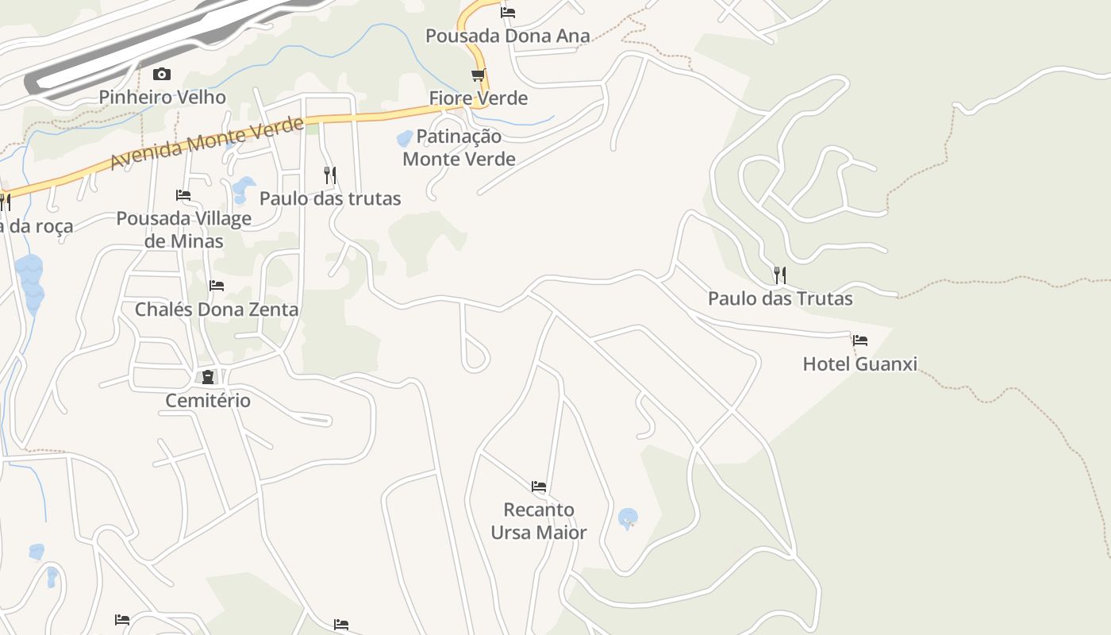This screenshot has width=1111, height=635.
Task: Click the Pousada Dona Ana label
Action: [x=508, y=36]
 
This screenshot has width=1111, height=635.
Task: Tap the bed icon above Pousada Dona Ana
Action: [x=508, y=12]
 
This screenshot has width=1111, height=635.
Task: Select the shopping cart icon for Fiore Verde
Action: [x=478, y=75]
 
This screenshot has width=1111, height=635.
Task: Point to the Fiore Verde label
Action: [x=479, y=98]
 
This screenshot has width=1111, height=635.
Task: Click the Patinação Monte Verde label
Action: [x=459, y=148]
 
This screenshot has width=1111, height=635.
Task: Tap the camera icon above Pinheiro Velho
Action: [x=162, y=74]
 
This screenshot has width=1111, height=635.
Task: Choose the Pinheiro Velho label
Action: [x=163, y=98]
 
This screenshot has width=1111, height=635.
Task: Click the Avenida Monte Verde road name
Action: [x=207, y=144]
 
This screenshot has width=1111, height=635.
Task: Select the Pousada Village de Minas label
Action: [x=184, y=229]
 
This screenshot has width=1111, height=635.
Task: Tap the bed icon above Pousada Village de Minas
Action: [x=183, y=194]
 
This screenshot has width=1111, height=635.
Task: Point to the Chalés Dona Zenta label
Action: [x=217, y=310]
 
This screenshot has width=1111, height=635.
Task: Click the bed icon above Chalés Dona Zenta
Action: [x=217, y=286]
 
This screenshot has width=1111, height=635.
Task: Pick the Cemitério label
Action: [x=208, y=401]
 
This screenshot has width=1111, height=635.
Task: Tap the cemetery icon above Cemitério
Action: [x=208, y=377]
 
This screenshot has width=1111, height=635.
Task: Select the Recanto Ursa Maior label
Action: [x=539, y=521]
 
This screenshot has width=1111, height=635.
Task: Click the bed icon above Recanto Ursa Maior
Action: [x=539, y=486]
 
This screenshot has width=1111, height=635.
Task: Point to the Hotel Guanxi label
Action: [x=860, y=364]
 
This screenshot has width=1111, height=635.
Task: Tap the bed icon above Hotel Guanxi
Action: [x=860, y=341]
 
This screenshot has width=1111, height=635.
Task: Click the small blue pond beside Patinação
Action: [x=405, y=139]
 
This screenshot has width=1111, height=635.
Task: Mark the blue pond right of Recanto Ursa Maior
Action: [x=628, y=519]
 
